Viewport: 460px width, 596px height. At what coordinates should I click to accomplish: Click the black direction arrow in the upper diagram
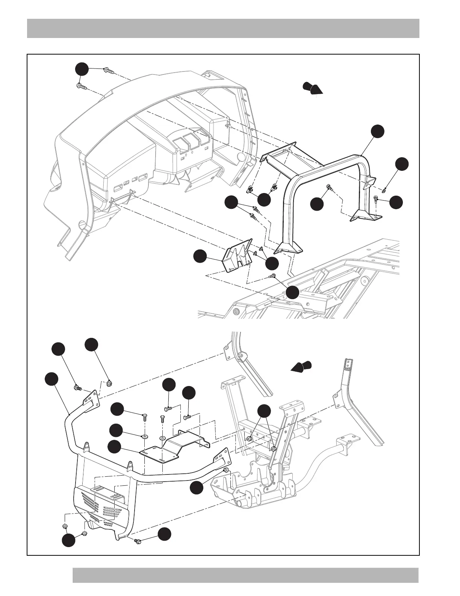point(313,88)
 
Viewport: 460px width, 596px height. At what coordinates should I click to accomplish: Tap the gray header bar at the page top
point(223,28)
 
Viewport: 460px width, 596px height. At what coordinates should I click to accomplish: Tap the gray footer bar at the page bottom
point(245,575)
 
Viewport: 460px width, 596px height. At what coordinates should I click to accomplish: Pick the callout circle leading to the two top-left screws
point(82,69)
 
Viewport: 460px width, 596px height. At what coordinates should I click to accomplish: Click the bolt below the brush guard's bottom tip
point(138,541)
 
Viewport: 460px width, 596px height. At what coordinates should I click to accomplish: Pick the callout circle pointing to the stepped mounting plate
point(114,447)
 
